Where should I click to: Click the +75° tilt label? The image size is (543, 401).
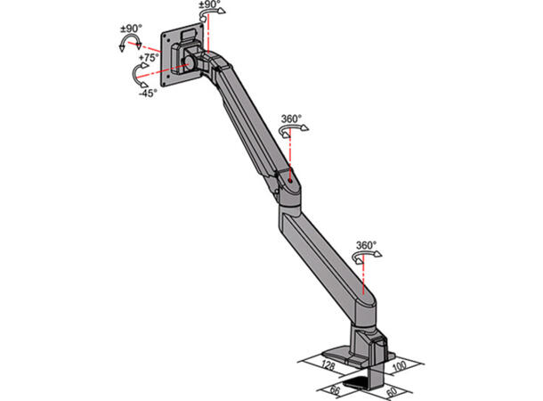tap(148, 57)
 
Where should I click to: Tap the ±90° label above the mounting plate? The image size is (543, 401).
tap(211, 5)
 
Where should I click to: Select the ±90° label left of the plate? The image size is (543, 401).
tap(133, 29)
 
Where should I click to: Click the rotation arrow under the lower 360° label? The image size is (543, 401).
tap(365, 258)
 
